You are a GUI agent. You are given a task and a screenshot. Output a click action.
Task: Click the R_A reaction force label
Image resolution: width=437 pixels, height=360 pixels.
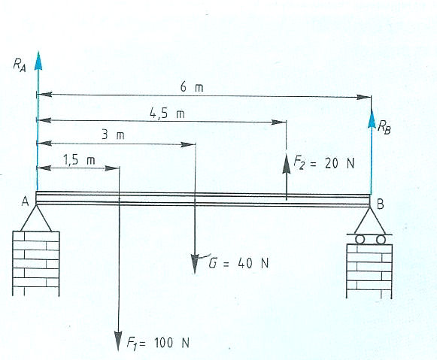[20, 65]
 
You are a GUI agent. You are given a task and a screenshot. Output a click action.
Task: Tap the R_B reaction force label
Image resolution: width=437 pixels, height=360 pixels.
[384, 127]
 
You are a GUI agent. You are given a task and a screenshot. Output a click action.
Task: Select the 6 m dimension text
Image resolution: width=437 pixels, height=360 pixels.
[192, 87]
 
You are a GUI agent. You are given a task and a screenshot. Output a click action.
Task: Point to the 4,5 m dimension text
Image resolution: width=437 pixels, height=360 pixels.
[167, 113]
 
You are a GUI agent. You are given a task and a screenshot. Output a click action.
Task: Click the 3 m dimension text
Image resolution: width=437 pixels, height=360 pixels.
[113, 135]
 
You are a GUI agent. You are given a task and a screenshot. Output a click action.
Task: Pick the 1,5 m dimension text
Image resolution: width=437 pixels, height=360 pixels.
[79, 160]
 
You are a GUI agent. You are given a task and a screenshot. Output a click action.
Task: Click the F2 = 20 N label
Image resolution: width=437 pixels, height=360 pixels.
[324, 163]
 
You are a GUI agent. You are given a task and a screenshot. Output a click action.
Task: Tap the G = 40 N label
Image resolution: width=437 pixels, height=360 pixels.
[239, 262]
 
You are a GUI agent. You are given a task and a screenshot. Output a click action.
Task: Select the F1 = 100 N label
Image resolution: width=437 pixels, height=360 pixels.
[158, 343]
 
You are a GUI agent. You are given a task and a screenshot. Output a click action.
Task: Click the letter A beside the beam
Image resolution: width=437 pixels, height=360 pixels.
[25, 201]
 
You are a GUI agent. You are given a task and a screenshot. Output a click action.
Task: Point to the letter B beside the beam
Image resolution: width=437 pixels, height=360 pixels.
[380, 204]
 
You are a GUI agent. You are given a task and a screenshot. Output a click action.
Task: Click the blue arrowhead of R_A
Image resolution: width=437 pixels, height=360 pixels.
[38, 61]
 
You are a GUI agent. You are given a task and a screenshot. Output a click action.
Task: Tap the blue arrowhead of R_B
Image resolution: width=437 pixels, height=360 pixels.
[372, 119]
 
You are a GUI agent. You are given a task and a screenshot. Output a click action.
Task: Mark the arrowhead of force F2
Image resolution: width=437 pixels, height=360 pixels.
[287, 162]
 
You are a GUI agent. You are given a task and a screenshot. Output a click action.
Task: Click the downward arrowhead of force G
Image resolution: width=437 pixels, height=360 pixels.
[195, 264]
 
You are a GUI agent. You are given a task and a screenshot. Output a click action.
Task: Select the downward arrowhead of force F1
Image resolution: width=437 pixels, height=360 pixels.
[118, 341]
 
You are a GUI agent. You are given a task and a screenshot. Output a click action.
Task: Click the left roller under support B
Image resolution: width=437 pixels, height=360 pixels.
[360, 240]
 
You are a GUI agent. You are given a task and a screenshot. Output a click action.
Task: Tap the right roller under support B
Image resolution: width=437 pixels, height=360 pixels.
[381, 240]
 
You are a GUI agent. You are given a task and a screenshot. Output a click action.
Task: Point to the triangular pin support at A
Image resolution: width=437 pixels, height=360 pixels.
[36, 218]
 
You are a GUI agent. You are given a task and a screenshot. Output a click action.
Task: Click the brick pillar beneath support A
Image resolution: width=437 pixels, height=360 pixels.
[36, 263]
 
